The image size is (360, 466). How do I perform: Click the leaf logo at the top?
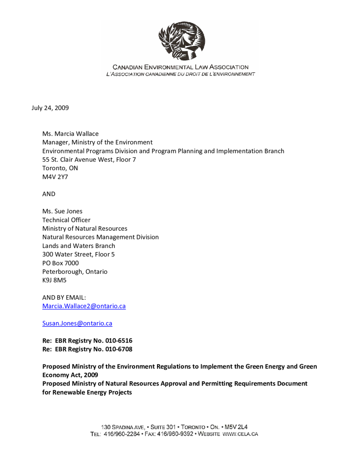[181, 41]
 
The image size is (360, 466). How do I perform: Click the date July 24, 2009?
[50, 108]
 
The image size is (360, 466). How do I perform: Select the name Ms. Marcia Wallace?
[71, 134]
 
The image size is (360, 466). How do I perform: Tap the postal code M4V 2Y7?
[55, 177]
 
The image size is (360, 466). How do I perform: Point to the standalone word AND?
[49, 194]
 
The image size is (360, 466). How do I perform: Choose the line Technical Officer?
[66, 220]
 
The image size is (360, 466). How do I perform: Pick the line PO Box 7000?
[61, 263]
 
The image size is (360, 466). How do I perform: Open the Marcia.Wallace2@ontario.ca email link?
[84, 306]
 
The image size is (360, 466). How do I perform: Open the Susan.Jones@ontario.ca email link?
[77, 324]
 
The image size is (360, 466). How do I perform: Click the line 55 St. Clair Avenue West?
[89, 160]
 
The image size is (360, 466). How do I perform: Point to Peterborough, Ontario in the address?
[75, 272]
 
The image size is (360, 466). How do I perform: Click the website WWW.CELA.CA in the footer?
[240, 434]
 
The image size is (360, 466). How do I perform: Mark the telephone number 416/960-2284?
[122, 434]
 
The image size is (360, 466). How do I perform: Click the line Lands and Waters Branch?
[79, 246]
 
